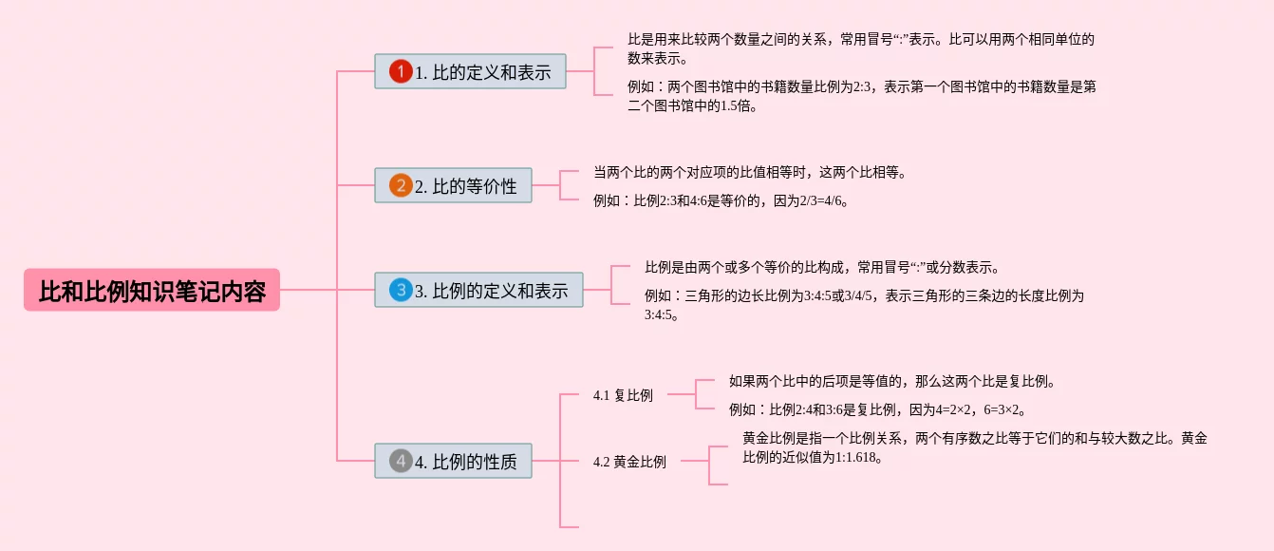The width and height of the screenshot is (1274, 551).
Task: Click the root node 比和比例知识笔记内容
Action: click(x=152, y=291)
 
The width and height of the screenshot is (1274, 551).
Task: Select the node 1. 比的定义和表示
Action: click(x=471, y=72)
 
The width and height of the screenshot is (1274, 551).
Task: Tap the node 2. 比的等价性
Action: click(x=454, y=186)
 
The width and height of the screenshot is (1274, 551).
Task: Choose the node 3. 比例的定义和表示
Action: click(x=479, y=291)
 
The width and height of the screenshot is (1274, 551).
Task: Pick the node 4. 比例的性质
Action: click(x=454, y=462)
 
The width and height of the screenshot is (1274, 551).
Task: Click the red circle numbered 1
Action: click(x=401, y=72)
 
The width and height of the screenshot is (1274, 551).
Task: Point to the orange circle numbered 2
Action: click(x=401, y=186)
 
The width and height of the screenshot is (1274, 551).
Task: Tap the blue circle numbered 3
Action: click(x=401, y=291)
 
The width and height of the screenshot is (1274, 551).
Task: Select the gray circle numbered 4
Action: click(x=401, y=462)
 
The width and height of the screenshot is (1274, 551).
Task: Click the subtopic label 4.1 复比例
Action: click(x=623, y=395)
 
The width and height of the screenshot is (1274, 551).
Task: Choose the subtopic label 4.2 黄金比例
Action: click(x=629, y=462)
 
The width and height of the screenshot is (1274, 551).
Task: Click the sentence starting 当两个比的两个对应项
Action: click(x=750, y=172)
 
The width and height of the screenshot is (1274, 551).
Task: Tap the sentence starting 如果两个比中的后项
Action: click(x=892, y=381)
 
